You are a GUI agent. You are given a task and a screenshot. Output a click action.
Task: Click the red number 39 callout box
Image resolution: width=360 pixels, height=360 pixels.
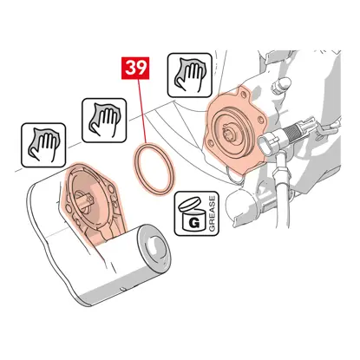135,69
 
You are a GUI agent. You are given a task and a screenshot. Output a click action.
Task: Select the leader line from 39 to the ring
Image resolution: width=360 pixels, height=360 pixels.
142,111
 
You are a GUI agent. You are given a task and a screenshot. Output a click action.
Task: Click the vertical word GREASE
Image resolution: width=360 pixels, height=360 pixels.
212,213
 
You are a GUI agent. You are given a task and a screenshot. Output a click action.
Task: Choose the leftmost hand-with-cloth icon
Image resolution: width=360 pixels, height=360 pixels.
43,145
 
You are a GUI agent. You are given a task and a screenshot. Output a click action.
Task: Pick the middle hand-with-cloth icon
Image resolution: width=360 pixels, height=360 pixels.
104,121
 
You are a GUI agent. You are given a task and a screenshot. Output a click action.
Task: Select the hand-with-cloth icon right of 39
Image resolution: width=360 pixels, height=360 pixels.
190,75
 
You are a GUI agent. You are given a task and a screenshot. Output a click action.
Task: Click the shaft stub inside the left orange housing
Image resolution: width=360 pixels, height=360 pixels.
84,200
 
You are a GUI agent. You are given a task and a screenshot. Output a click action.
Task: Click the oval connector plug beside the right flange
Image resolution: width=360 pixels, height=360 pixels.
269,143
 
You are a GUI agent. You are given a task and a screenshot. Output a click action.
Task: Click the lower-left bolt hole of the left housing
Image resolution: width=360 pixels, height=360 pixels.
69,209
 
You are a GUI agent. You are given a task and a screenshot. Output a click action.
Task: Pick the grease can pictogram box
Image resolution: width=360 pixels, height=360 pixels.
197,213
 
